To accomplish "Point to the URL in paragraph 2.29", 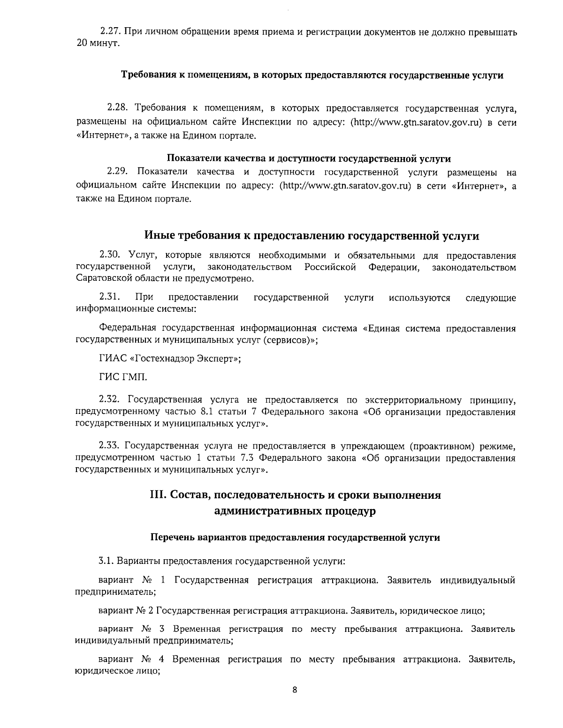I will tap(345, 186).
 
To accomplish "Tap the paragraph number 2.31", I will tap(109, 297).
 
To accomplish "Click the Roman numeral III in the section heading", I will tap(157, 495).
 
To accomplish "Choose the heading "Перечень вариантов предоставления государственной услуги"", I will tap(295, 538).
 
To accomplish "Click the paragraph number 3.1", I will tap(106, 561).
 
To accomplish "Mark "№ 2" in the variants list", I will tap(145, 611).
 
